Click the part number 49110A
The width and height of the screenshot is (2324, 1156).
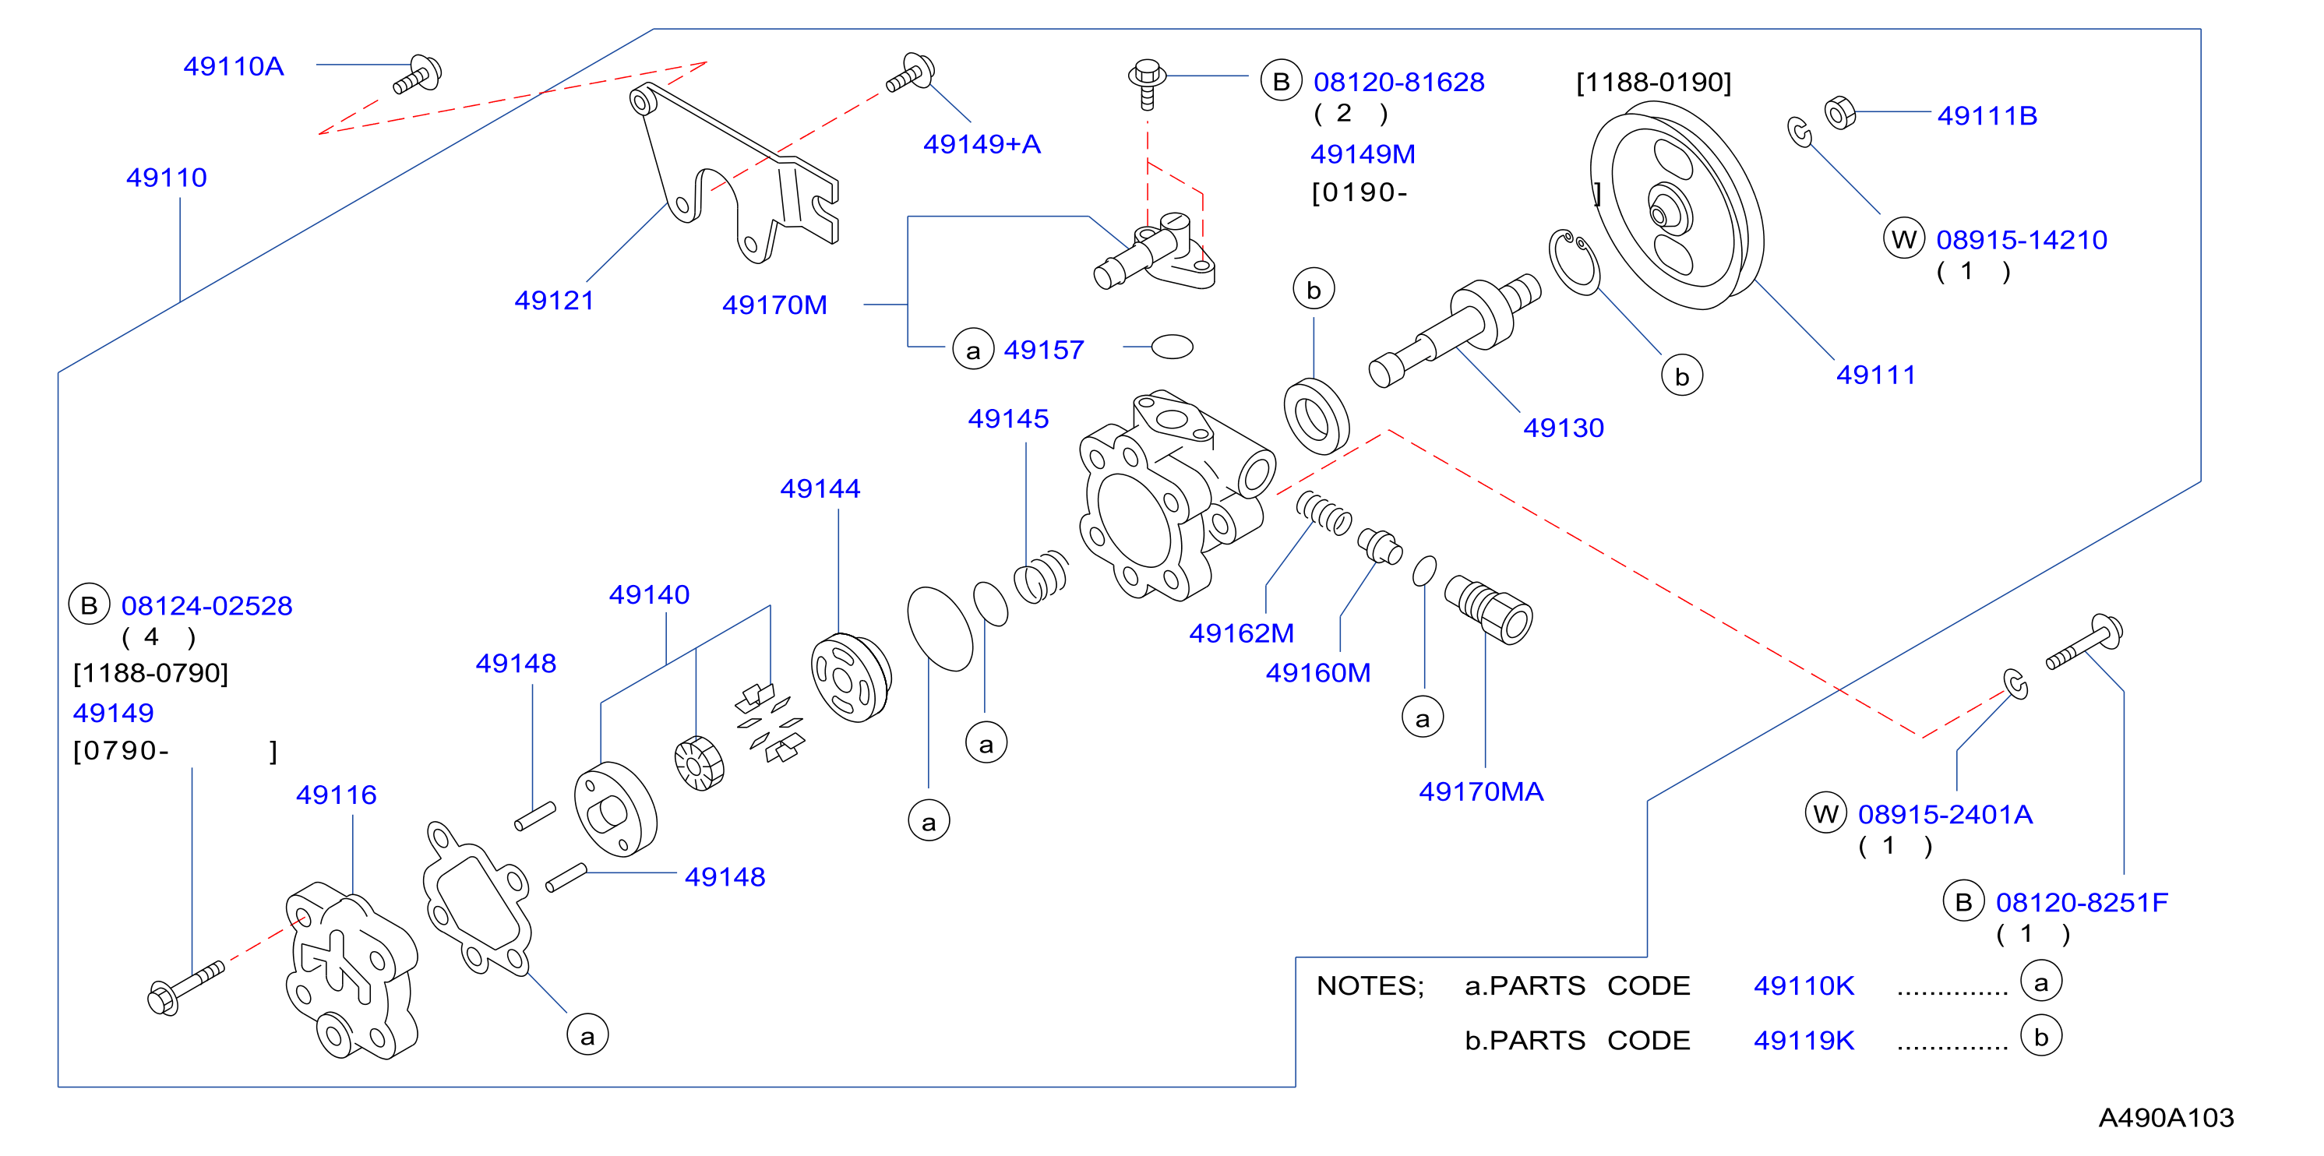pos(234,67)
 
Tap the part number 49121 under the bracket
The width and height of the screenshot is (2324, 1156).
pos(554,300)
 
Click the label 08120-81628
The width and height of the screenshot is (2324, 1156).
pos(1398,82)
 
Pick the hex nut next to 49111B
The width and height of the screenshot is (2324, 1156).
pos(1839,113)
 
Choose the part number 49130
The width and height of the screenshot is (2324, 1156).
pos(1564,428)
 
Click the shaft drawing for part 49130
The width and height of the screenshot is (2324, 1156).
pos(1455,330)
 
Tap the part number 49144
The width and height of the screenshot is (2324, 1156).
pos(820,488)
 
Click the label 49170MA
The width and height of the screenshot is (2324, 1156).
pos(1480,791)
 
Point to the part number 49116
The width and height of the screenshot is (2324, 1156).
pos(337,795)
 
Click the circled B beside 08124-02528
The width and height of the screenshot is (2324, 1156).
pos(90,605)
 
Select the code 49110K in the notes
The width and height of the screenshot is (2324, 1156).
pos(1804,985)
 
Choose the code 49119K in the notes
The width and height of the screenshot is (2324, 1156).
pos(1804,1041)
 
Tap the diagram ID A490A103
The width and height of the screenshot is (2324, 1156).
pos(2165,1118)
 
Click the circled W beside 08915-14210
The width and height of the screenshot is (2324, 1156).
pos(1903,239)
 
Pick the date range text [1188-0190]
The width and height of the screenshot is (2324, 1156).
pos(1654,83)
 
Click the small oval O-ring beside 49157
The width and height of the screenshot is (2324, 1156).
pos(1173,347)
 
